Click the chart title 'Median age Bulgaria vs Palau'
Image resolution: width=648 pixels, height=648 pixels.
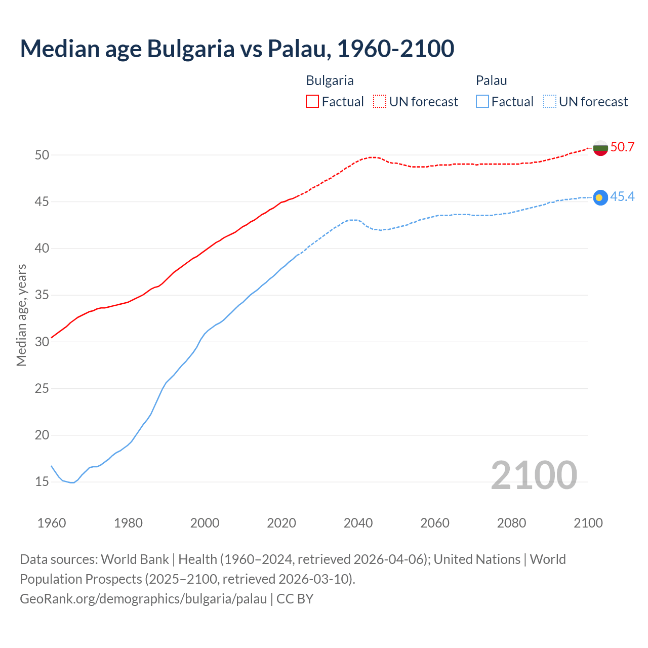[237, 49]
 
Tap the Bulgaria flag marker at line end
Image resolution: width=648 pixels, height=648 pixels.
[600, 148]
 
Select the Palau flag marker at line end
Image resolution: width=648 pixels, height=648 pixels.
[600, 197]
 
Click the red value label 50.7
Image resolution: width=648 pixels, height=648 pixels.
[622, 147]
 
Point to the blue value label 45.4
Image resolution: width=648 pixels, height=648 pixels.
[622, 197]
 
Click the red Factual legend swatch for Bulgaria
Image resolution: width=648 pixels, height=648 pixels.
[312, 102]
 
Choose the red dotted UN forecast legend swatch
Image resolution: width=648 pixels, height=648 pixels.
[380, 102]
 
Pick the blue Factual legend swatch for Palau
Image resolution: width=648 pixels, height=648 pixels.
[482, 102]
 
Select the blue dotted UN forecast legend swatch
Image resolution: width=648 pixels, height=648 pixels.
[549, 102]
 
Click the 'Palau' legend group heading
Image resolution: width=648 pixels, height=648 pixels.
[491, 80]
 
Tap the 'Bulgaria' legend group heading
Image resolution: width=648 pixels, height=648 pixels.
[330, 80]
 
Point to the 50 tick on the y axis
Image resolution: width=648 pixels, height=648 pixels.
[42, 155]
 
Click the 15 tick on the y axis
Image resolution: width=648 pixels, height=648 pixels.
[42, 482]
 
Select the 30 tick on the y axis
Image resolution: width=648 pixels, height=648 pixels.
[42, 342]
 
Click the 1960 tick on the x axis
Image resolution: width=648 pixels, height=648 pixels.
[52, 523]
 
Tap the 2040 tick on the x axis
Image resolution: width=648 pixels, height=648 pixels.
[358, 523]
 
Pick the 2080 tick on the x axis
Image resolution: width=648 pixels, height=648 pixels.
[511, 523]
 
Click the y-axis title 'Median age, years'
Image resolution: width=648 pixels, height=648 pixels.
[21, 315]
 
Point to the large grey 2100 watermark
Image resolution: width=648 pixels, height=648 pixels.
[534, 475]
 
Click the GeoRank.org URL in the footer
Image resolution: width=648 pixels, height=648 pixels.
[143, 599]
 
